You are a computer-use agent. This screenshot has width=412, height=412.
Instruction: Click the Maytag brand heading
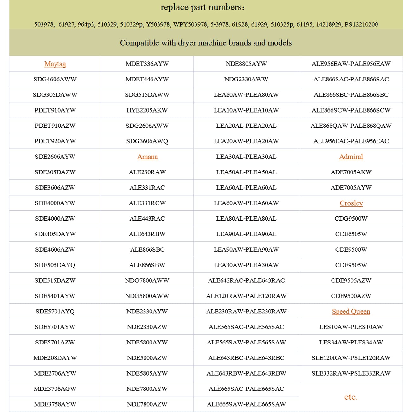(55, 64)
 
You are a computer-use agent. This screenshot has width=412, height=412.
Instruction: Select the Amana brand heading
(147, 157)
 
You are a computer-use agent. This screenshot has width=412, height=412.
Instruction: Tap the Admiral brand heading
(351, 157)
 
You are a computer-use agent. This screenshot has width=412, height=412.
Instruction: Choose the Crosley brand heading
(351, 203)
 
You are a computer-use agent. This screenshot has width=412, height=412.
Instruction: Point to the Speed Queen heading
(351, 312)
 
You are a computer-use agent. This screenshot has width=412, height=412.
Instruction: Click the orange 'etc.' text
(351, 397)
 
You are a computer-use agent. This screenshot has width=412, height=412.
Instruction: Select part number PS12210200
(361, 24)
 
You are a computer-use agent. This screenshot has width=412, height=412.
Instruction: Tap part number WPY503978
(190, 24)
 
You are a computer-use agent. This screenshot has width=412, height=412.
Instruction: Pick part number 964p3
(86, 24)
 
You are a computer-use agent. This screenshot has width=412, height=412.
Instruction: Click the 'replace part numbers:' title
(203, 7)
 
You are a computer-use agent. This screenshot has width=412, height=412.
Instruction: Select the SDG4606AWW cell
(55, 79)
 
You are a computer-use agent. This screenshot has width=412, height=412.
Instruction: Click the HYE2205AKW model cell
(147, 110)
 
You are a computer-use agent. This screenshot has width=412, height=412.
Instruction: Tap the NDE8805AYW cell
(246, 64)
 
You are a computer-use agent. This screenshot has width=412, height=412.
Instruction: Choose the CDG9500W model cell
(351, 219)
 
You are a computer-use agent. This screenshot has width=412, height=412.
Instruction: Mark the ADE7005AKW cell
(351, 172)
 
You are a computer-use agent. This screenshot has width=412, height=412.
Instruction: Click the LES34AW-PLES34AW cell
(351, 342)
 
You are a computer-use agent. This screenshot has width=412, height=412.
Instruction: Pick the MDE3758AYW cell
(55, 404)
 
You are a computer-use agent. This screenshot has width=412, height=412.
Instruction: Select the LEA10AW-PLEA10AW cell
(246, 110)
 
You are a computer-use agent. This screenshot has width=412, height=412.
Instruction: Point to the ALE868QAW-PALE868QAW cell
(351, 126)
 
